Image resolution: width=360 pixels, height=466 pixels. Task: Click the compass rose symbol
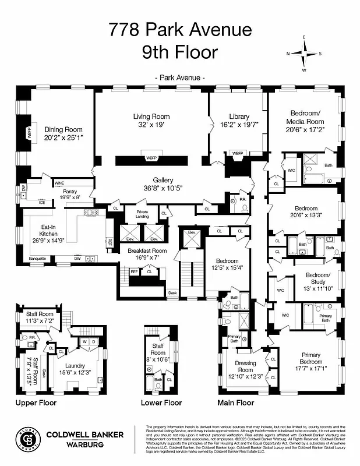click(x=303, y=54)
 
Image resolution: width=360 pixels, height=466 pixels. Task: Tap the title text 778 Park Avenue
click(x=180, y=30)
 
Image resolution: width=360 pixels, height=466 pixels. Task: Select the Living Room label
click(x=151, y=116)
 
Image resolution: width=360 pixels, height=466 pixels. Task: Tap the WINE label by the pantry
click(x=59, y=183)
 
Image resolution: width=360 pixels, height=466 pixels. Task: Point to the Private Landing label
click(x=142, y=214)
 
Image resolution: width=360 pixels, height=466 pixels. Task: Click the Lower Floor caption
click(x=161, y=402)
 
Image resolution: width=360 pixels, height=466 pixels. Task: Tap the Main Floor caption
click(x=235, y=402)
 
